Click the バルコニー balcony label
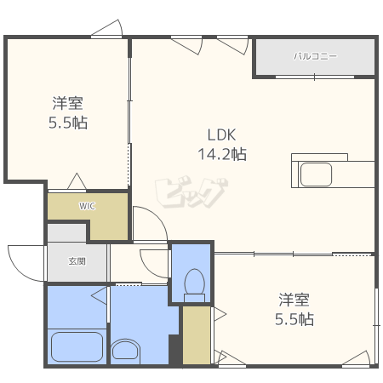click(x=315, y=56)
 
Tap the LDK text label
click(x=221, y=135)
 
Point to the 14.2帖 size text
click(x=222, y=154)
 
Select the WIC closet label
click(x=87, y=206)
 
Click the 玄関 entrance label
click(x=77, y=261)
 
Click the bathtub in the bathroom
click(x=77, y=346)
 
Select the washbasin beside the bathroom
click(x=125, y=352)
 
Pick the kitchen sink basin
click(x=316, y=174)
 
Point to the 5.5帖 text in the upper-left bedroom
click(x=68, y=123)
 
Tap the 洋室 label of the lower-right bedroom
click(x=294, y=300)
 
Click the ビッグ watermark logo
click(x=191, y=191)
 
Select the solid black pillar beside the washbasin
click(x=175, y=350)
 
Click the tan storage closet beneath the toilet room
click(x=197, y=335)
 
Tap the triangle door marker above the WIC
click(x=77, y=181)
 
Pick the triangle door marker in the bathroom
click(x=99, y=295)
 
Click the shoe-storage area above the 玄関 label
click(x=66, y=233)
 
